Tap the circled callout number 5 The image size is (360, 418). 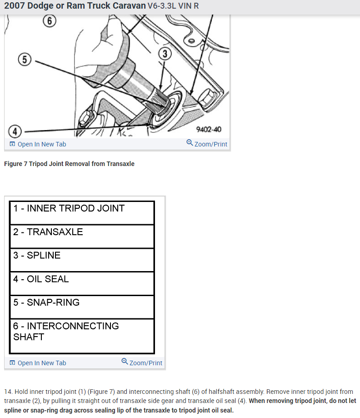tap(25, 60)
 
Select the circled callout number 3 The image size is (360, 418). tap(165, 54)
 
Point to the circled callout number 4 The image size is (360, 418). tap(15, 132)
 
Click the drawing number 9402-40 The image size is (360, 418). tap(209, 130)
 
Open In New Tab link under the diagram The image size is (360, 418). tap(38, 144)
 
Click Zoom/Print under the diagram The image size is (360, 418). tap(207, 144)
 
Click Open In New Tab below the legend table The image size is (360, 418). tap(38, 363)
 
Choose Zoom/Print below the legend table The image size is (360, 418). tap(142, 363)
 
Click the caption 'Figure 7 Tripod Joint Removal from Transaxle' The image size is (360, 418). tap(69, 164)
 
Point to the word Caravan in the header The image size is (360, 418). tap(126, 6)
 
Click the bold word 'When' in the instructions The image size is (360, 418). tap(258, 401)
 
